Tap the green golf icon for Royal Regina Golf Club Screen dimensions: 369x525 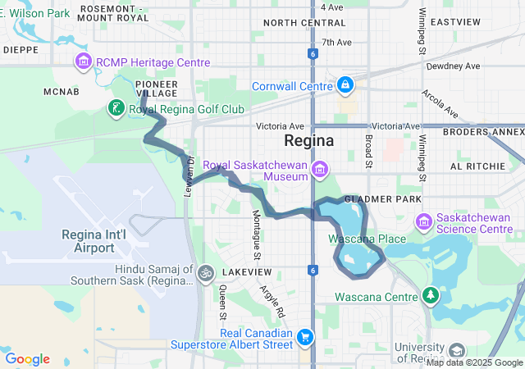pyautogui.click(x=116, y=108)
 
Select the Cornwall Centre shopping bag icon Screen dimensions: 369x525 pyautogui.click(x=345, y=84)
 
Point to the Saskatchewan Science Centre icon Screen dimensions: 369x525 pyautogui.click(x=424, y=221)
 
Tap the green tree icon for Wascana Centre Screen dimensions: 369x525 pyautogui.click(x=431, y=295)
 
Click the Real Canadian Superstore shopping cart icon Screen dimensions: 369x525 pyautogui.click(x=305, y=337)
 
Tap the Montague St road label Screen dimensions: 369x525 pyautogui.click(x=256, y=230)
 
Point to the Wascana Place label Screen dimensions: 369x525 pyautogui.click(x=367, y=239)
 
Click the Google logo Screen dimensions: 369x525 pyautogui.click(x=27, y=358)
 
